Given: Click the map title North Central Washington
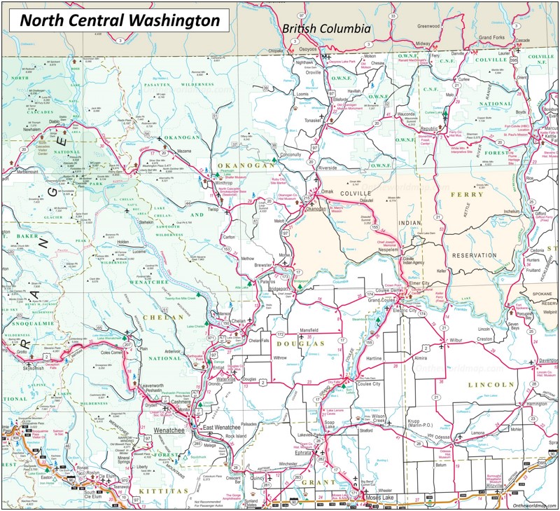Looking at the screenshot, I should coord(119,20).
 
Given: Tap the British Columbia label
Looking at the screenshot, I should coord(325,29).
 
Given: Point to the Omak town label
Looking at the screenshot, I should coord(327,191).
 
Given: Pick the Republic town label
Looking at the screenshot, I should coord(428,130).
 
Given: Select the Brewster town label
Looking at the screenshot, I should coord(263,266).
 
